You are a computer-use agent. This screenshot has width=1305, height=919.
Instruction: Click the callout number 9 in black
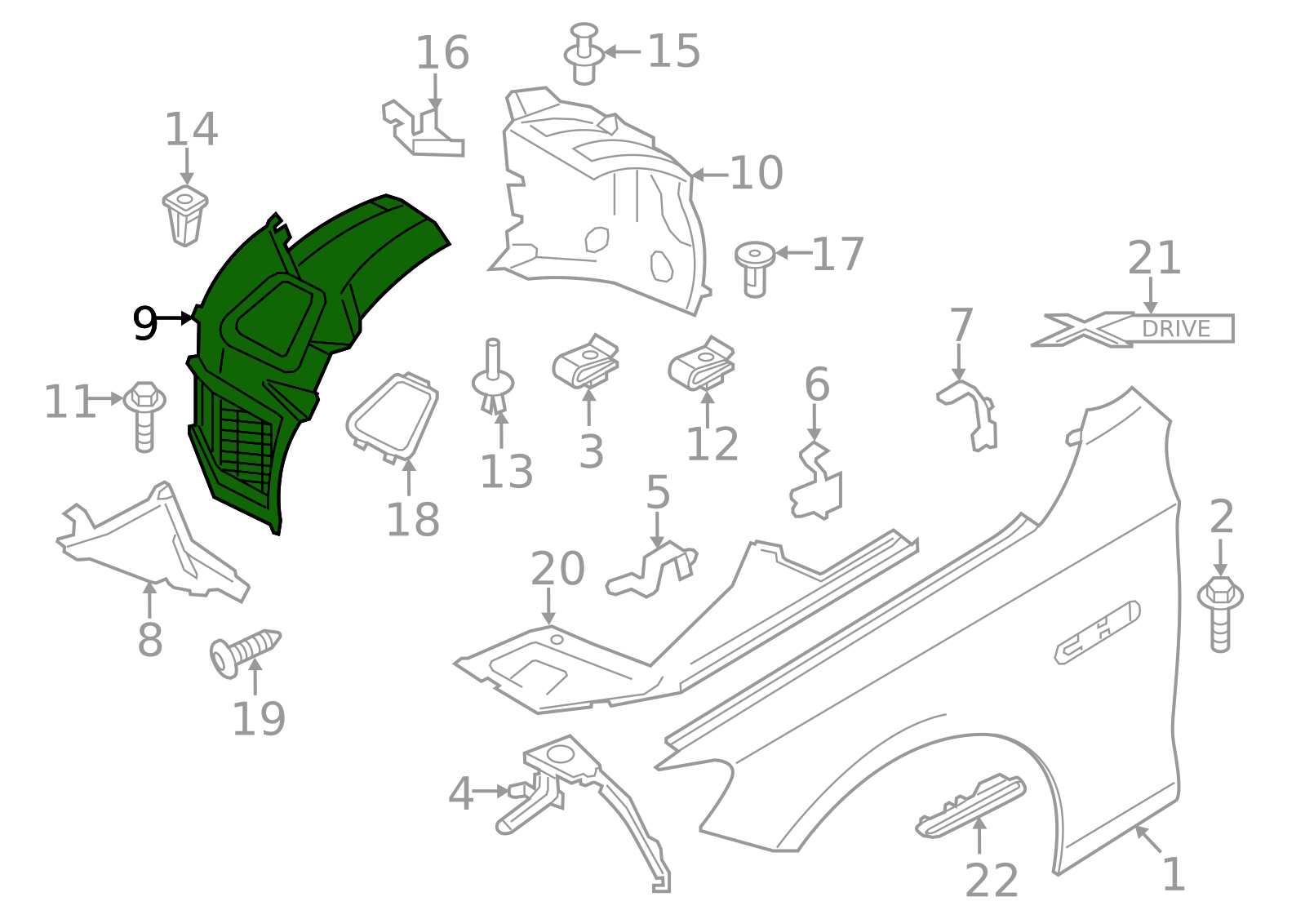[x=144, y=323]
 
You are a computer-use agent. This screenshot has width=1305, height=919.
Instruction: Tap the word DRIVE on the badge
[x=1175, y=329]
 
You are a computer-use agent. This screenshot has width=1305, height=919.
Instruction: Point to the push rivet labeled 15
[x=583, y=55]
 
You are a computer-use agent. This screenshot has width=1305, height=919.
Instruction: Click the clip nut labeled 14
[x=185, y=215]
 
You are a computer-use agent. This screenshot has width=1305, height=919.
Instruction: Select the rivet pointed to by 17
[x=755, y=267]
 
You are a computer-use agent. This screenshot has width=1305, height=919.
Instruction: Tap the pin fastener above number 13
[x=493, y=380]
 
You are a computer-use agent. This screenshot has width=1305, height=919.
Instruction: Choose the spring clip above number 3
[x=587, y=362]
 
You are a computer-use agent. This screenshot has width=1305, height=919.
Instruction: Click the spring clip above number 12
[x=703, y=363]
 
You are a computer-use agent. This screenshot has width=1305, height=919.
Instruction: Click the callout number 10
[x=757, y=173]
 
